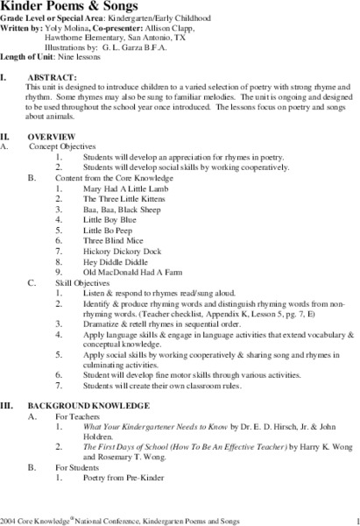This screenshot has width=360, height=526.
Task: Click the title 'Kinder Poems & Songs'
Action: tap(62, 6)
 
